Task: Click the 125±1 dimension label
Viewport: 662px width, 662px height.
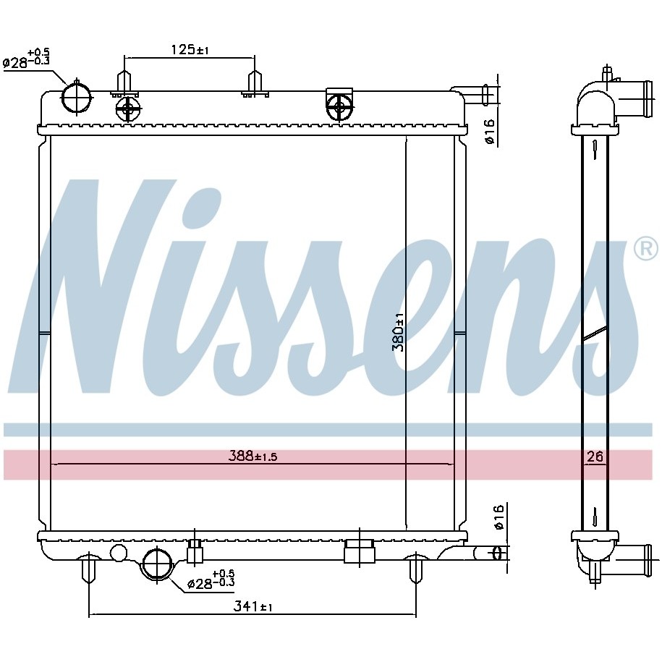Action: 190,50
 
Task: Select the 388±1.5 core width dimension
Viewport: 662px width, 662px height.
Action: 253,456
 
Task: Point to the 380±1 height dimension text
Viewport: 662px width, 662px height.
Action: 398,332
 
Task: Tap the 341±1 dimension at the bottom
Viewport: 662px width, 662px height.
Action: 253,607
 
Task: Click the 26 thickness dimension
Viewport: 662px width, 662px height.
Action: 595,457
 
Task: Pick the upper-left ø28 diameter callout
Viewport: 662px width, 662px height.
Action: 26,59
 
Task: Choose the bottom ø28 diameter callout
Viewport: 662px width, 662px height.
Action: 211,580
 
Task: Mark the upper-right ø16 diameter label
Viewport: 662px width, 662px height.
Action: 489,132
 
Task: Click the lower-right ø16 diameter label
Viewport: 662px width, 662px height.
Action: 498,517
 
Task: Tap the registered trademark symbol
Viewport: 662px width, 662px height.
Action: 646,249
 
